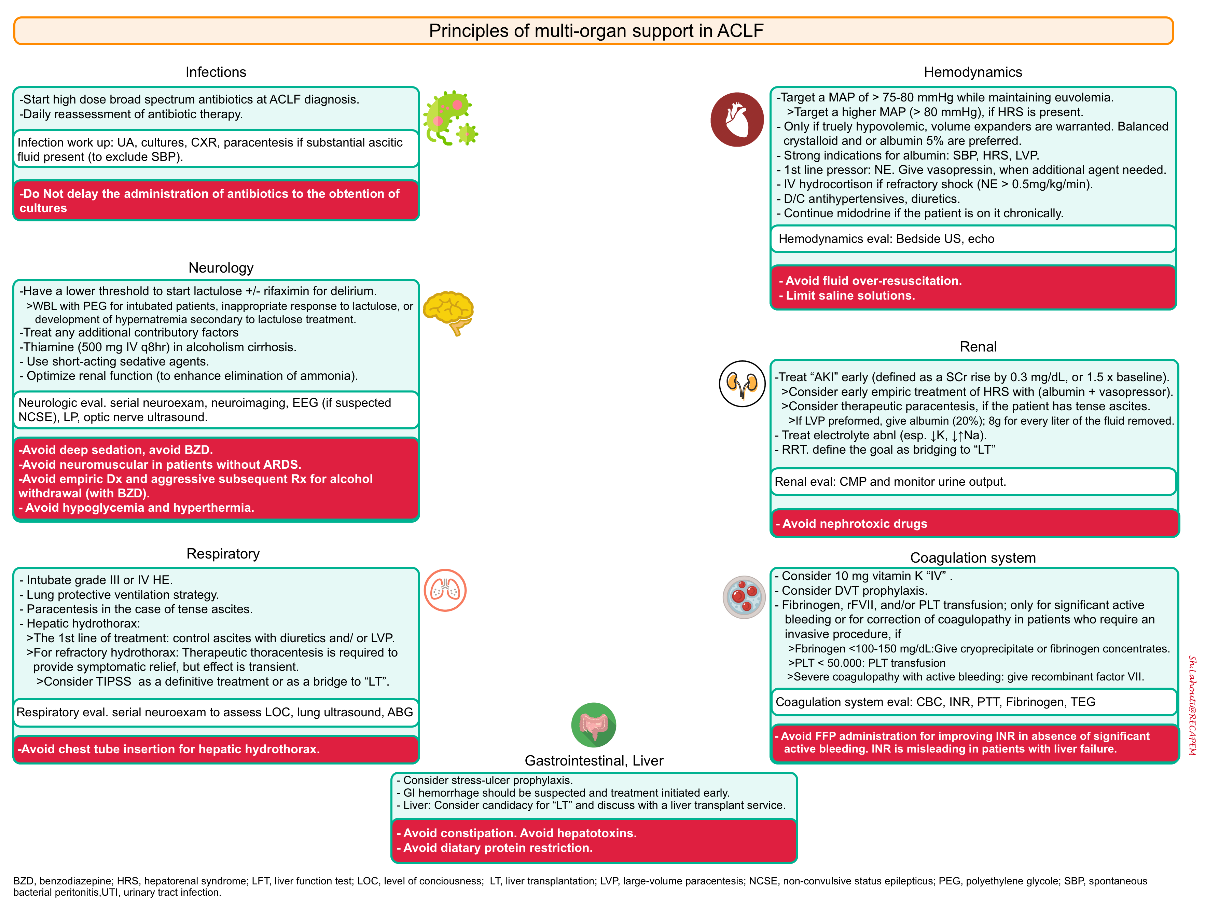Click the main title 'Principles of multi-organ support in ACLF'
(596, 30)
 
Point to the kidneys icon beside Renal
(742, 384)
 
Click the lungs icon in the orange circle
(445, 590)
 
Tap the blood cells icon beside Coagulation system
(744, 597)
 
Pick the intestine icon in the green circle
(594, 725)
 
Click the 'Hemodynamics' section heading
(973, 72)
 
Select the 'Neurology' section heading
(221, 268)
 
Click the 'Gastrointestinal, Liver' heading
(594, 761)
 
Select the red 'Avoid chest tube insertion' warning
(216, 749)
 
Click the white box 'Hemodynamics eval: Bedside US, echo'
(973, 239)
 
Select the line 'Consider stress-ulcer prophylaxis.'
(484, 781)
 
